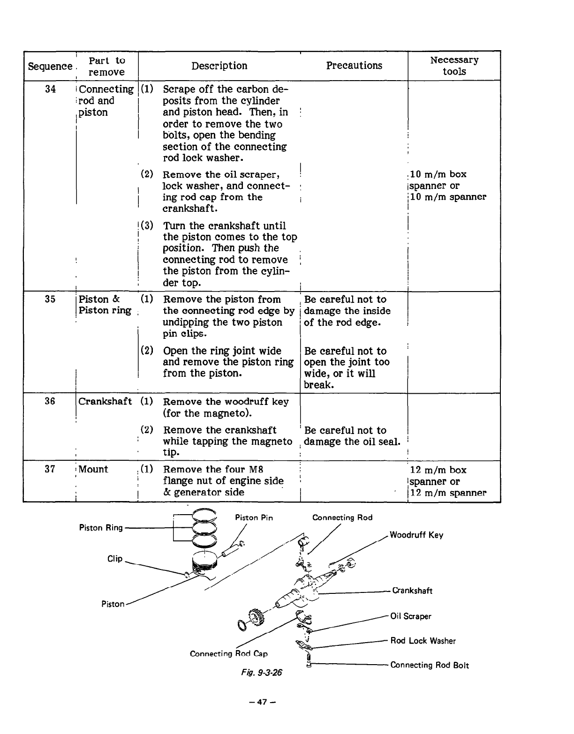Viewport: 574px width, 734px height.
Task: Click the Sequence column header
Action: point(50,66)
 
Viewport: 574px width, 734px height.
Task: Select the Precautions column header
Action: point(354,66)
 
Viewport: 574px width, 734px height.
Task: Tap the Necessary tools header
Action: point(454,66)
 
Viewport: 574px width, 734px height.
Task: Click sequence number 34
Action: point(50,89)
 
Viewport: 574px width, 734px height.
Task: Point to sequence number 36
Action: point(50,401)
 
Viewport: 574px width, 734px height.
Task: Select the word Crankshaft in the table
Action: point(105,402)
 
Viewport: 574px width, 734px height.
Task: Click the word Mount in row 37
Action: point(93,469)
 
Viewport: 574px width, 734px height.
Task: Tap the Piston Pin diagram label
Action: point(254,518)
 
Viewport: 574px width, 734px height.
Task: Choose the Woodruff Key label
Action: point(416,535)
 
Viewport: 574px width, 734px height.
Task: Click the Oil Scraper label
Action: point(411,616)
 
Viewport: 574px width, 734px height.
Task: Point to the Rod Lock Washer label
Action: point(423,641)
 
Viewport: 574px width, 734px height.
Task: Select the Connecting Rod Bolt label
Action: point(430,665)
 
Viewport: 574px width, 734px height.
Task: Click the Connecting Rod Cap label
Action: point(228,653)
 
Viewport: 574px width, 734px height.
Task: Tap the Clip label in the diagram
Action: point(115,559)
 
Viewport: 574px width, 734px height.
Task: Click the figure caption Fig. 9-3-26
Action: point(262,673)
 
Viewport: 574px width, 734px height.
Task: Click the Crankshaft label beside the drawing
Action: point(412,591)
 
